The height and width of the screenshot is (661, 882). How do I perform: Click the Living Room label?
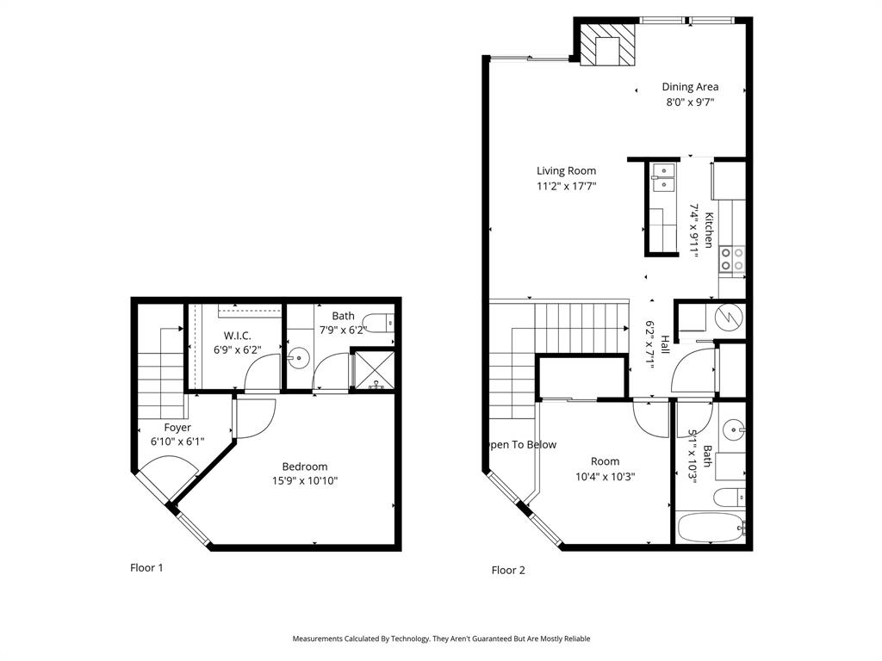(566, 170)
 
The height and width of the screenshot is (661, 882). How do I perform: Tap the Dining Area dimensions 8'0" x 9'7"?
(690, 102)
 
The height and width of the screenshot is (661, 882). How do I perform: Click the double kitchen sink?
(662, 177)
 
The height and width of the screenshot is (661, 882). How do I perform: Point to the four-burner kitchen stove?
(732, 259)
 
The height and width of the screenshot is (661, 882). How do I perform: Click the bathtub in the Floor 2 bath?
(711, 527)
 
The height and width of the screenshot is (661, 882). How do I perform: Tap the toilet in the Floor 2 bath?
(728, 497)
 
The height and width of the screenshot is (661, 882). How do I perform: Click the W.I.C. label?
(238, 335)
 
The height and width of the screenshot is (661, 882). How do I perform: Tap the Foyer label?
(177, 428)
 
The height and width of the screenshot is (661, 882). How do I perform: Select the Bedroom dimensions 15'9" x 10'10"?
(304, 481)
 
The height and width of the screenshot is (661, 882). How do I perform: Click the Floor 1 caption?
(146, 567)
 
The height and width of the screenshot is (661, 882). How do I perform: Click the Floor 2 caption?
(508, 570)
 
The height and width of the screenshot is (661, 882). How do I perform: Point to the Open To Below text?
(521, 445)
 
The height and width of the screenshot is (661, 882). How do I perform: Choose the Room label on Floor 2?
(606, 460)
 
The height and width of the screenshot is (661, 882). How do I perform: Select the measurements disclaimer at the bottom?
(441, 639)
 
